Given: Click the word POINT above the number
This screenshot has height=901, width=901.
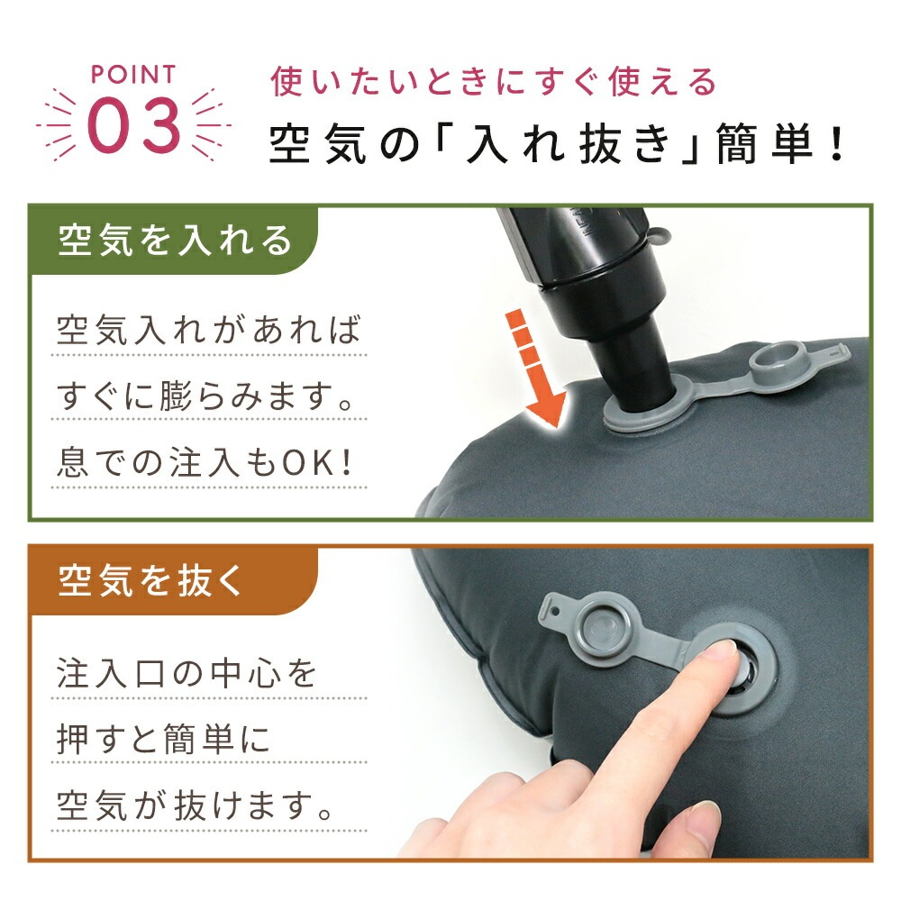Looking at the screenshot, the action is pos(132,75).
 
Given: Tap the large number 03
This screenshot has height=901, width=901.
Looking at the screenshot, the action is pos(134,125).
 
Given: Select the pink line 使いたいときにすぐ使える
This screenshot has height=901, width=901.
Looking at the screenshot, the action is pos(493,82).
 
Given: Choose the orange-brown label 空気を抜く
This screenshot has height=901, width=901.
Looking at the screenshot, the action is pos(150,580).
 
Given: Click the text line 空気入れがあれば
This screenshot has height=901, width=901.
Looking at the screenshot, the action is pos(209,330).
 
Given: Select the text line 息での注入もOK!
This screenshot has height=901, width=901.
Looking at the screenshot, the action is pos(204,462).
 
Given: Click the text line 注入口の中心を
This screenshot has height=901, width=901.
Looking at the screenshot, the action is pos(187,673).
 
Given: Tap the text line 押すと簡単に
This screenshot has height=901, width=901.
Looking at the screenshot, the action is pos(163,739).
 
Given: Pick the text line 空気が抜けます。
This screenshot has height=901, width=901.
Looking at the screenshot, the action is pos(195,805).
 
